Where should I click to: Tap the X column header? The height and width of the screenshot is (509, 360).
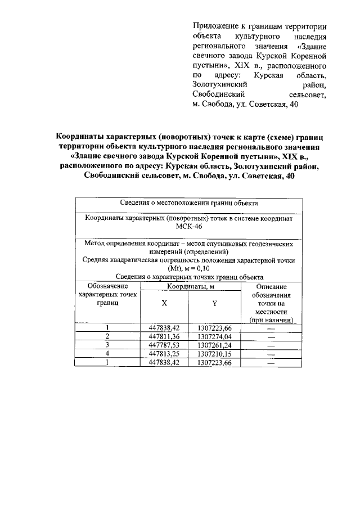point(164,303)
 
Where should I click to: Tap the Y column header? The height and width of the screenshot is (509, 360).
point(214,303)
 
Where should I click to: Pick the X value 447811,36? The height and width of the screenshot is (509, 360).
point(164,336)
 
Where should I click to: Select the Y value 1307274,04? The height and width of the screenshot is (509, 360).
point(214,336)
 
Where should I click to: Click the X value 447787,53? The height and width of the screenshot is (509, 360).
point(164,345)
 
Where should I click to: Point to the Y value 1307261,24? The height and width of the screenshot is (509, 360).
point(214,345)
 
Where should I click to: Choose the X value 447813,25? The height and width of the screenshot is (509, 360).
point(164,354)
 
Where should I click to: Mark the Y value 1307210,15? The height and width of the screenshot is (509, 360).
point(214,354)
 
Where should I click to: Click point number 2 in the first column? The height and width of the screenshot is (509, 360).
point(107,336)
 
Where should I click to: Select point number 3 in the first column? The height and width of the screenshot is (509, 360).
point(107,345)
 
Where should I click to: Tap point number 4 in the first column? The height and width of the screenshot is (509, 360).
point(107,354)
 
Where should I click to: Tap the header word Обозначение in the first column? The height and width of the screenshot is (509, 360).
point(107,286)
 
